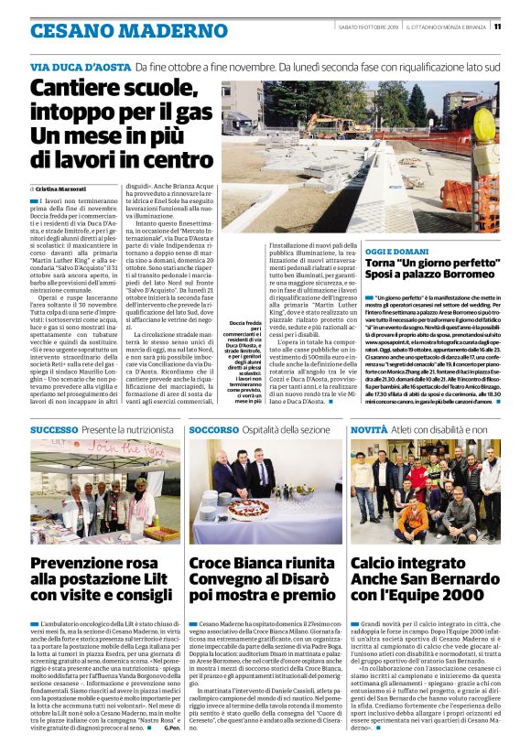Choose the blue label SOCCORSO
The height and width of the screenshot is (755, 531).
(x=189, y=429)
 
